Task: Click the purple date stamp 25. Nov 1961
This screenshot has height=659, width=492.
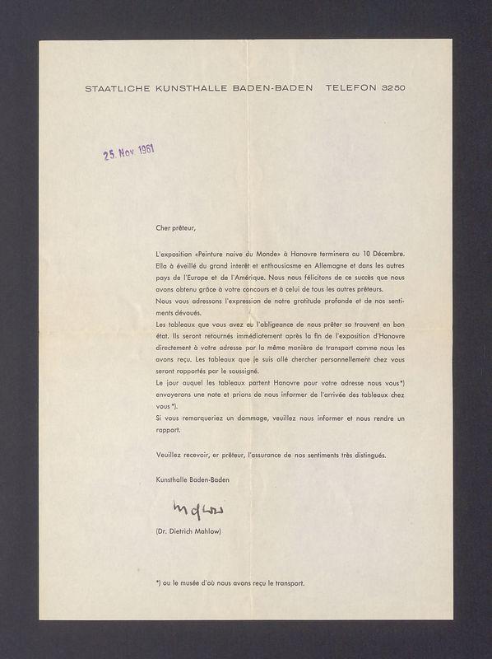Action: (129, 152)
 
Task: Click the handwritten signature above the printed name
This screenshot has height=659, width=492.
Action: (193, 506)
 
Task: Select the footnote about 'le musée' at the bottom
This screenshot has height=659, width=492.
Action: (230, 583)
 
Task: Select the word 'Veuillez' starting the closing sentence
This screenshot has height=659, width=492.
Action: (168, 455)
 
